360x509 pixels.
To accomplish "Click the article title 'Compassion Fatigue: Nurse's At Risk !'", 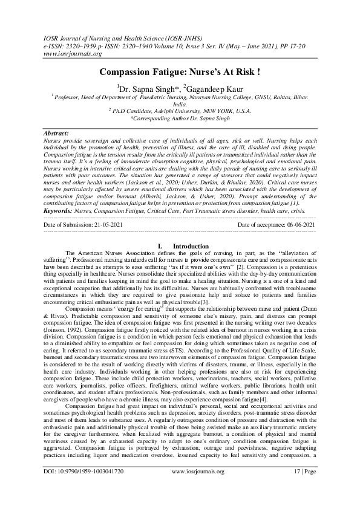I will click(180, 72).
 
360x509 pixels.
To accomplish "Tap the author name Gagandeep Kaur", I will click(214, 88).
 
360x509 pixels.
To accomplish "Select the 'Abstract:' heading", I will click(56, 132).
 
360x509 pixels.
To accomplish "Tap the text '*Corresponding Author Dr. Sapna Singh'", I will click(180, 118).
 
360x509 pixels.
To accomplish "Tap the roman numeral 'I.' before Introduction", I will click(159, 247).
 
